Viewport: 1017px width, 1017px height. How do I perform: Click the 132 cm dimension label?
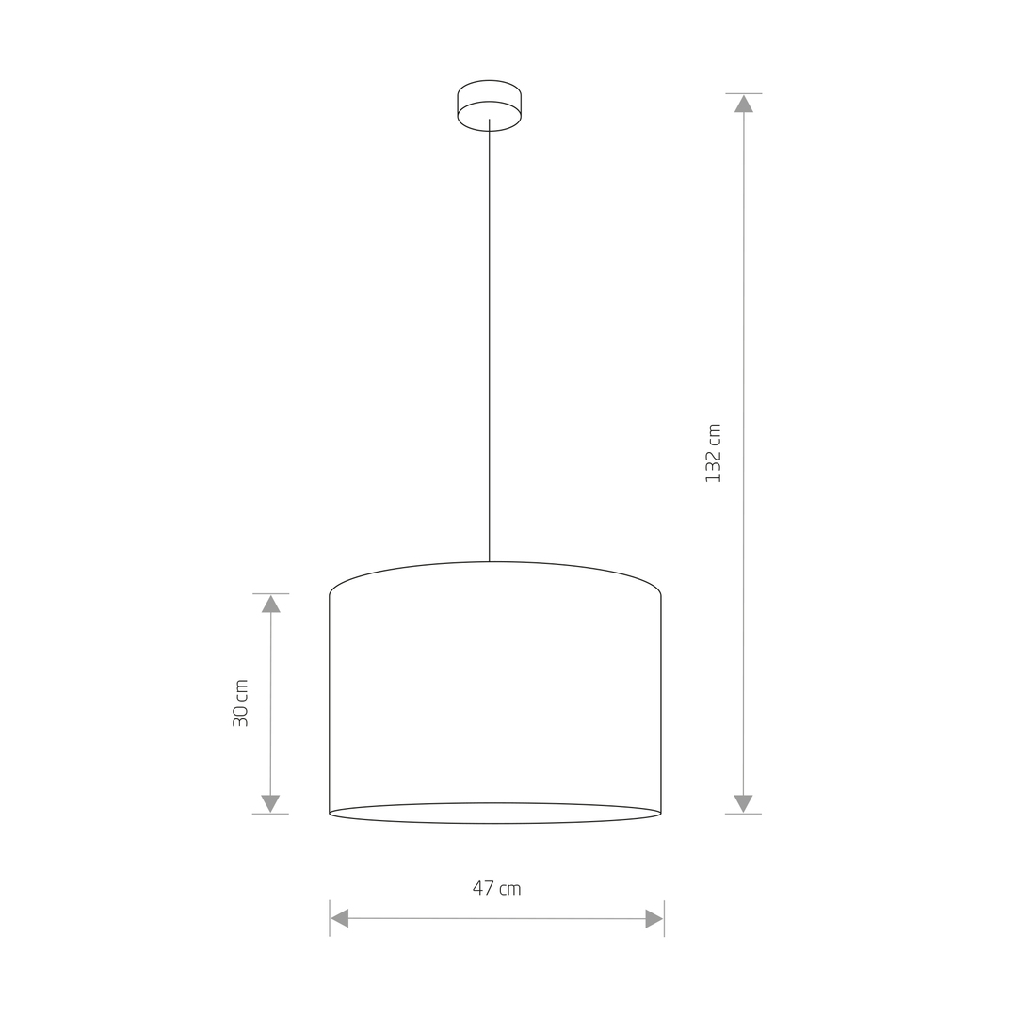pyautogui.click(x=714, y=453)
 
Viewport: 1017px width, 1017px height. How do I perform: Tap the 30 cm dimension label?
pyautogui.click(x=241, y=703)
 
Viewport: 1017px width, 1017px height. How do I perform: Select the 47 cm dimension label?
pyautogui.click(x=497, y=888)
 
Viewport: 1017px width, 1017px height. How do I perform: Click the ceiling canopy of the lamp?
pyautogui.click(x=489, y=105)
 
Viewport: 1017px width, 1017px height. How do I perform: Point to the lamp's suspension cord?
pyautogui.click(x=489, y=341)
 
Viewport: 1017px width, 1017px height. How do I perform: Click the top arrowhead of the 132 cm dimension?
pyautogui.click(x=743, y=104)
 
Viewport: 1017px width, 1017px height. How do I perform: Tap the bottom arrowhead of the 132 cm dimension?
pyautogui.click(x=743, y=803)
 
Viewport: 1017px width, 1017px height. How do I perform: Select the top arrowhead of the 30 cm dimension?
pyautogui.click(x=270, y=604)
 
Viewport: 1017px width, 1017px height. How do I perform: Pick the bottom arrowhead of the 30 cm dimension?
pyautogui.click(x=270, y=803)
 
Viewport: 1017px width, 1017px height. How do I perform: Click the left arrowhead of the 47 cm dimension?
pyautogui.click(x=340, y=918)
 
